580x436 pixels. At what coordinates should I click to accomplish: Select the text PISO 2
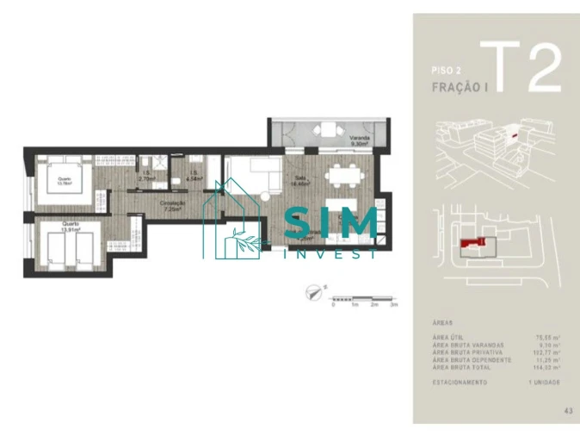[x=446, y=70]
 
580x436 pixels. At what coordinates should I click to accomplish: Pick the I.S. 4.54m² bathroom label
[x=194, y=177]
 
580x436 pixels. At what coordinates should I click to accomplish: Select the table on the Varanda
[x=328, y=131]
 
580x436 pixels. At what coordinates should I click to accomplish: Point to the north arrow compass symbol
[x=313, y=292]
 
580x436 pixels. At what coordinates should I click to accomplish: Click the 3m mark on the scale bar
[x=393, y=305]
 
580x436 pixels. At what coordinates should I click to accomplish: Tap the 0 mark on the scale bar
[x=333, y=305]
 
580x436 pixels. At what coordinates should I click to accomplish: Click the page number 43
[x=569, y=411]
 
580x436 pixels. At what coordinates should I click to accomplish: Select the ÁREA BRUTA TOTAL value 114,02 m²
[x=546, y=368]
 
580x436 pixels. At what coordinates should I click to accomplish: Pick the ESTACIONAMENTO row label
[x=460, y=381]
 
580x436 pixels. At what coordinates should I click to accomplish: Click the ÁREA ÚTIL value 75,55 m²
[x=548, y=338]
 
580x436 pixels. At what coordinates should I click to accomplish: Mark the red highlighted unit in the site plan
[x=468, y=246]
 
